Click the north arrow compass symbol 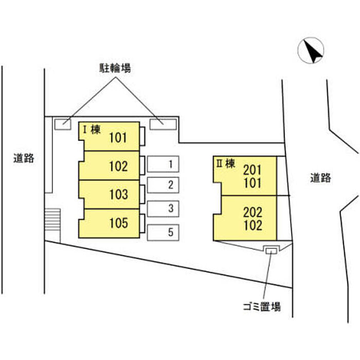click(311, 51)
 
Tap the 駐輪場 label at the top click(115, 68)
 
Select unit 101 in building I click(118, 137)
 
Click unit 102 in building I click(118, 166)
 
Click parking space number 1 click(163, 165)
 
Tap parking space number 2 click(163, 185)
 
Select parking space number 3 click(163, 209)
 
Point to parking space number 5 click(163, 232)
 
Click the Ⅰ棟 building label click(91, 130)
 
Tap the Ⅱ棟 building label click(225, 164)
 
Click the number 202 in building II click(253, 211)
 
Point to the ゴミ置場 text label click(262, 308)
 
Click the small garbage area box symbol click(271, 250)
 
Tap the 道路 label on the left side click(23, 158)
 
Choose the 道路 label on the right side click(320, 178)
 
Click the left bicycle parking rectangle click(63, 123)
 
